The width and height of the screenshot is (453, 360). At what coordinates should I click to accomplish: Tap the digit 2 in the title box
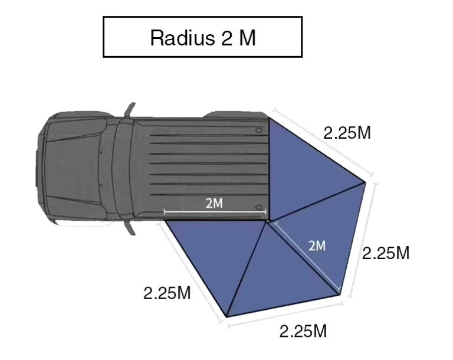227,38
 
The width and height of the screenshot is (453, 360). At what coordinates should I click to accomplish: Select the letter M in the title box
248,38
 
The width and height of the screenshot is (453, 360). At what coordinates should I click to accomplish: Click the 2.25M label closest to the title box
347,133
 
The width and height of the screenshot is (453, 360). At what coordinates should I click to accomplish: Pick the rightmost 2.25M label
386,253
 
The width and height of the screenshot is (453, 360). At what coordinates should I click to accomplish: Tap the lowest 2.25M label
303,331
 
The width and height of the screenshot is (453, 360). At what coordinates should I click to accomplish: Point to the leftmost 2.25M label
167,293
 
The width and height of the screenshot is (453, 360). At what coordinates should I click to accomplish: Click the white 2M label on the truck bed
214,203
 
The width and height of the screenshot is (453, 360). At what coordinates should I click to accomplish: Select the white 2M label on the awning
317,246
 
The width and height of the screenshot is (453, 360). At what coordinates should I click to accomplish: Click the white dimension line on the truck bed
215,212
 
